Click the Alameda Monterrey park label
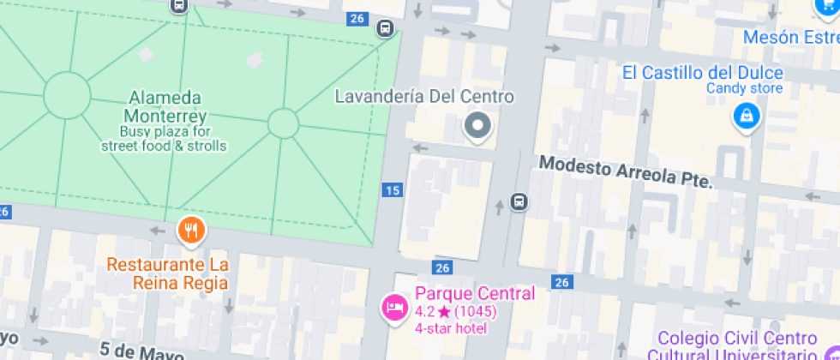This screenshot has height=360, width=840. click(x=165, y=106)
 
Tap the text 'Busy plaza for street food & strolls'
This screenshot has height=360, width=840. click(x=164, y=139)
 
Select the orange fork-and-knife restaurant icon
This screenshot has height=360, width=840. click(x=190, y=230)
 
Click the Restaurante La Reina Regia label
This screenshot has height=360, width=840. click(x=168, y=273)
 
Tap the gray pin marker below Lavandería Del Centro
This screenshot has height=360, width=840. click(x=476, y=126)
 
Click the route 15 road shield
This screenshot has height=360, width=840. click(x=393, y=190)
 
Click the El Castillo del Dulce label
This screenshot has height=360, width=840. click(x=702, y=72)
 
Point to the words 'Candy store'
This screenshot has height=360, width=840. click(x=744, y=88)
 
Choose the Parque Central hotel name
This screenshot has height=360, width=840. click(x=475, y=293)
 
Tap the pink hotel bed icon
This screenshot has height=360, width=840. click(x=394, y=306)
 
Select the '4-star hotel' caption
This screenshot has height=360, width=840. click(x=451, y=328)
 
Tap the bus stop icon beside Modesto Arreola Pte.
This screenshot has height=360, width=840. click(x=519, y=202)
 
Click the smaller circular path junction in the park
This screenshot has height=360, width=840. click(x=283, y=123)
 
